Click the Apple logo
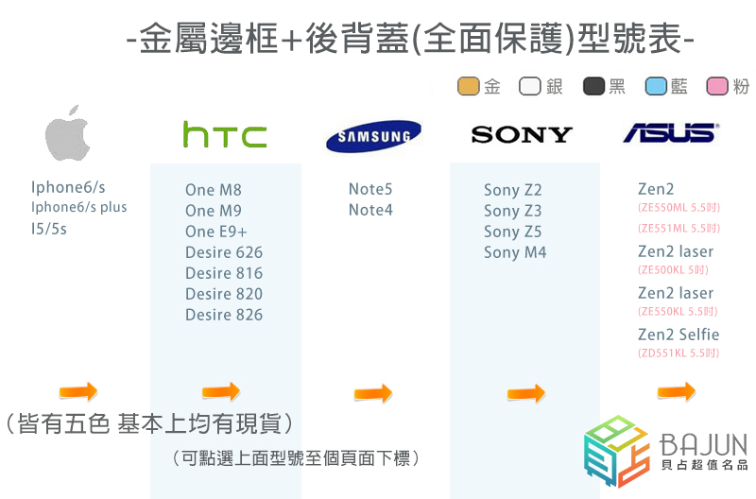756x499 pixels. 68,138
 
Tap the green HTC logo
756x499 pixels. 224,135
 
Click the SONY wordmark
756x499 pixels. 522,134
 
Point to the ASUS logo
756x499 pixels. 670,132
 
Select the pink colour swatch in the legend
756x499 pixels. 718,87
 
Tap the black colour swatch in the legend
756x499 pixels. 594,87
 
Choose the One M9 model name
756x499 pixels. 214,211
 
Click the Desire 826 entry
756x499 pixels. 224,315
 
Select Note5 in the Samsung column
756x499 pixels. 370,189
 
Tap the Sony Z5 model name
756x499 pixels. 513,232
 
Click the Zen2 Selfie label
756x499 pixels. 679,335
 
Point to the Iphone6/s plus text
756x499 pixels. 78,208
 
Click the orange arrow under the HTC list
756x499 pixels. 220,392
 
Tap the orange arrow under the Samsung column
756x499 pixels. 372,393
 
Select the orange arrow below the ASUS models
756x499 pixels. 676,391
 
